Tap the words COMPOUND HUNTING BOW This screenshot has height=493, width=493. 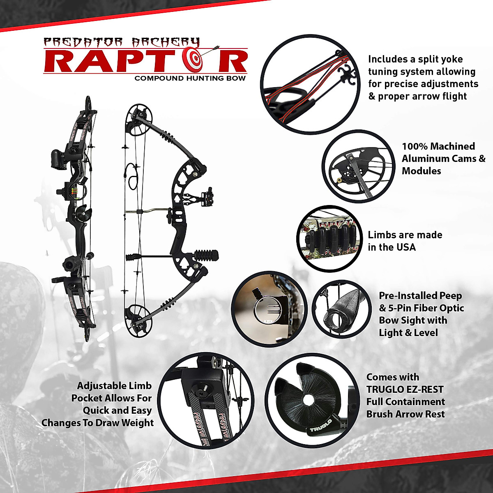tap(190, 78)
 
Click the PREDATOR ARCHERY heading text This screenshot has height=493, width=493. tap(121, 43)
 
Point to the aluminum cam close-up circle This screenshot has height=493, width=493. tap(358, 166)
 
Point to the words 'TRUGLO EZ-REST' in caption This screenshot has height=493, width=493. tap(405, 389)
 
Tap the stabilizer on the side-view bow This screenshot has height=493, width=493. tap(206, 256)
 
